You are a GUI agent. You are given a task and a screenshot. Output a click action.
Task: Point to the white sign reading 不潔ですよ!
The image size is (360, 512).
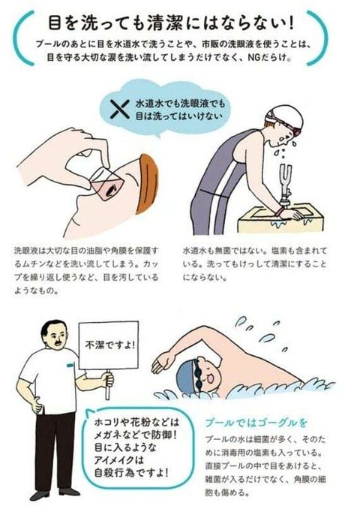coord(108,346)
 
